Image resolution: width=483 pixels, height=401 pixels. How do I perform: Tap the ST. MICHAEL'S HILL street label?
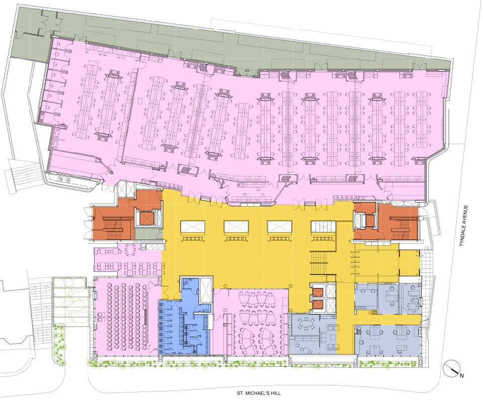click(259, 393)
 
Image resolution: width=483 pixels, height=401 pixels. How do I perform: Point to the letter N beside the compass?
click(461, 375)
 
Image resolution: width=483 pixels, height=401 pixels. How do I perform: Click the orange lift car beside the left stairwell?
click(146, 219)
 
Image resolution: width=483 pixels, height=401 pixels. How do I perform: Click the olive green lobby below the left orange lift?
click(148, 233)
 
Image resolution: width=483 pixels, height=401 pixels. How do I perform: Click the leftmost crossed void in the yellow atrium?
click(192, 227)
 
